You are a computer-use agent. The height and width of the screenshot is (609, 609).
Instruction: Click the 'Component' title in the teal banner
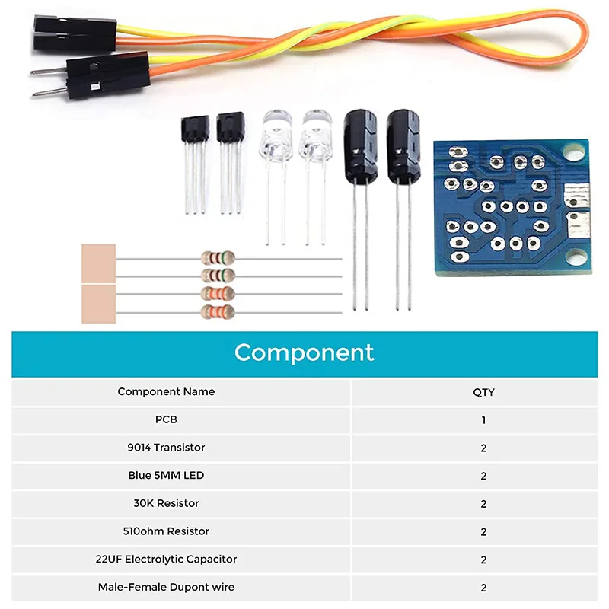click(x=304, y=352)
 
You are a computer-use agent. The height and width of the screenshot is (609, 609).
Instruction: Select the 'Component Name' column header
click(x=166, y=391)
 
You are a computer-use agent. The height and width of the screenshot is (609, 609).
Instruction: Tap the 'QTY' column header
click(x=483, y=392)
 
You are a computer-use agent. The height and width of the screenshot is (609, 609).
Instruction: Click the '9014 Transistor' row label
click(x=166, y=448)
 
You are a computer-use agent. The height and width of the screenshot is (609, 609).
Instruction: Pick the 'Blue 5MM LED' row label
click(x=166, y=475)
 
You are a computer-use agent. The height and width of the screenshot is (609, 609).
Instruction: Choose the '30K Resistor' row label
click(x=166, y=503)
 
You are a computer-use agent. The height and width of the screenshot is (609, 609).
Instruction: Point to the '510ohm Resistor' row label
click(x=166, y=531)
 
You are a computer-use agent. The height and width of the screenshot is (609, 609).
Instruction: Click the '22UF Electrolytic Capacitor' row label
click(x=166, y=559)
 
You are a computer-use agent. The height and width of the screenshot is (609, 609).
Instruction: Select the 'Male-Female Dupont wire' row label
click(x=166, y=587)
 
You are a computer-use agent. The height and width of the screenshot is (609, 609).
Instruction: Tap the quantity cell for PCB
click(x=483, y=419)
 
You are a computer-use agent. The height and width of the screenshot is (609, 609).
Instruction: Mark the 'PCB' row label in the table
click(x=166, y=419)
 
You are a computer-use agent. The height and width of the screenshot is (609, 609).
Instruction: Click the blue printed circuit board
click(x=509, y=206)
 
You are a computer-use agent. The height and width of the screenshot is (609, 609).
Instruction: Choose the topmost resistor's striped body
click(x=217, y=257)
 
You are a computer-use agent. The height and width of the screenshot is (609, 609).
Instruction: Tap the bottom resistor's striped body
click(x=217, y=311)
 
